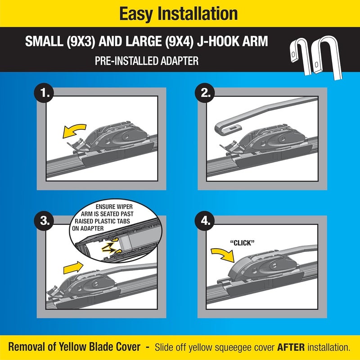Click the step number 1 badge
click(x=45, y=94)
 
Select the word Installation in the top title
click(x=201, y=14)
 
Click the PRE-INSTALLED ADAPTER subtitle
click(x=147, y=61)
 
